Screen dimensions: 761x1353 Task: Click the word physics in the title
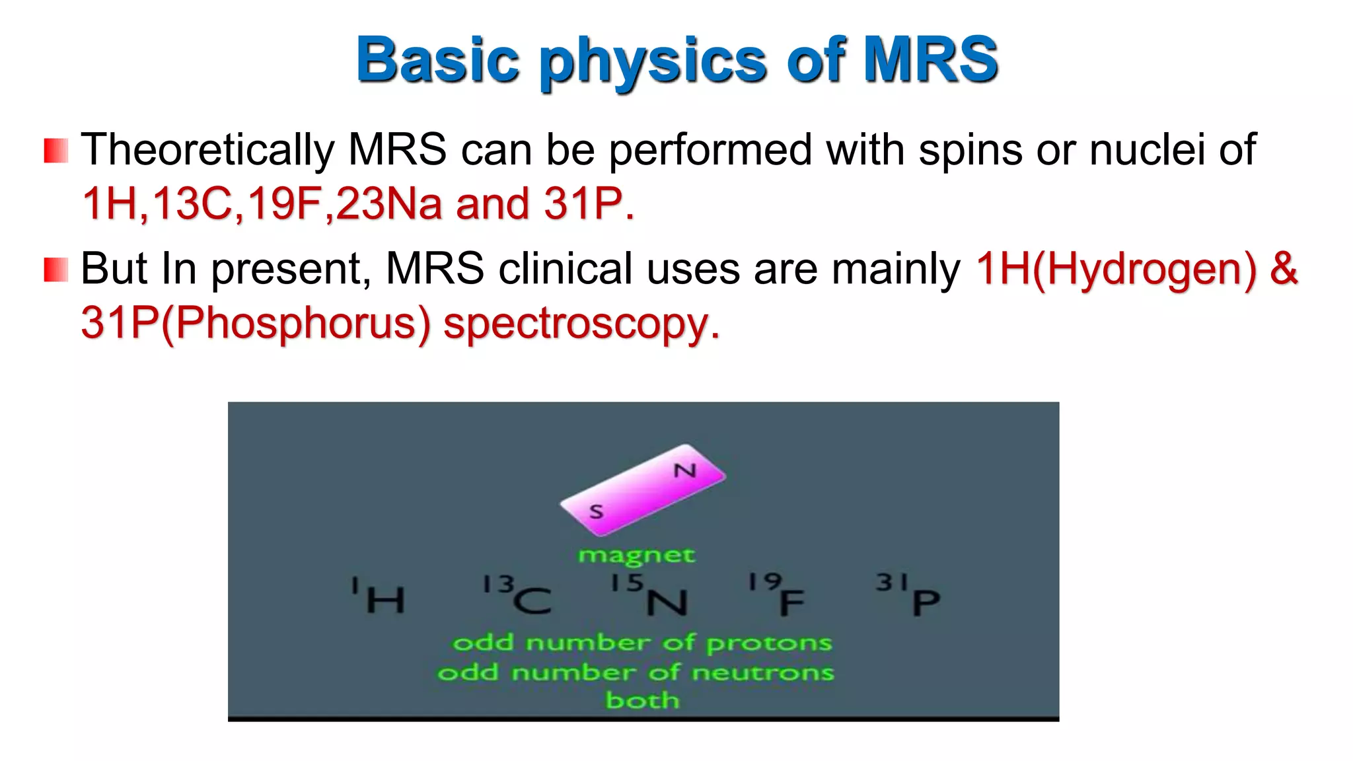[652, 61]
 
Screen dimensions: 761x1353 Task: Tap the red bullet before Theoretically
[56, 151]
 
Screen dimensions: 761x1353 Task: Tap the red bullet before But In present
[56, 270]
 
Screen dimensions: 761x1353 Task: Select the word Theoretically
[207, 150]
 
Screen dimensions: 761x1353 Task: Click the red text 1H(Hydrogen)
[1116, 270]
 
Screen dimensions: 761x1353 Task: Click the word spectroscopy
[581, 324]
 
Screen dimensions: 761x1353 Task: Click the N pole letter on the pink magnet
[685, 471]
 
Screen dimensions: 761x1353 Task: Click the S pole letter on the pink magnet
[596, 511]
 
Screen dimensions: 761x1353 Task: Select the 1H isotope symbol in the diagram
[379, 596]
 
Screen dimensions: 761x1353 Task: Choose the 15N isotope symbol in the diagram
[649, 596]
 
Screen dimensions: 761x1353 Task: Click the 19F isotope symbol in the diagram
[777, 596]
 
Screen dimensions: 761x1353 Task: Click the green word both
[642, 700]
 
